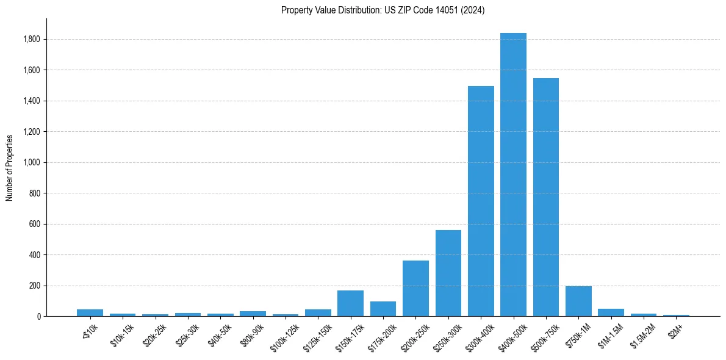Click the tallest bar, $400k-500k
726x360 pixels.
click(513, 175)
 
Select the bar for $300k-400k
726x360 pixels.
click(481, 201)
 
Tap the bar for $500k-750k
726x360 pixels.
click(546, 197)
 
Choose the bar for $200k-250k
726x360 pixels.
click(415, 289)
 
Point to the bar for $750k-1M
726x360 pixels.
click(578, 301)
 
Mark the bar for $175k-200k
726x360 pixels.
click(383, 309)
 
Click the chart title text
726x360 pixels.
click(383, 10)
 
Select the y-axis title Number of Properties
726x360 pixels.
click(10, 167)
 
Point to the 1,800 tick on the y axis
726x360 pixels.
click(32, 40)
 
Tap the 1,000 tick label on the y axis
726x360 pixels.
click(32, 163)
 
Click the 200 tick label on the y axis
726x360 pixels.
click(35, 286)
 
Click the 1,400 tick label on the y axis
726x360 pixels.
click(32, 101)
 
